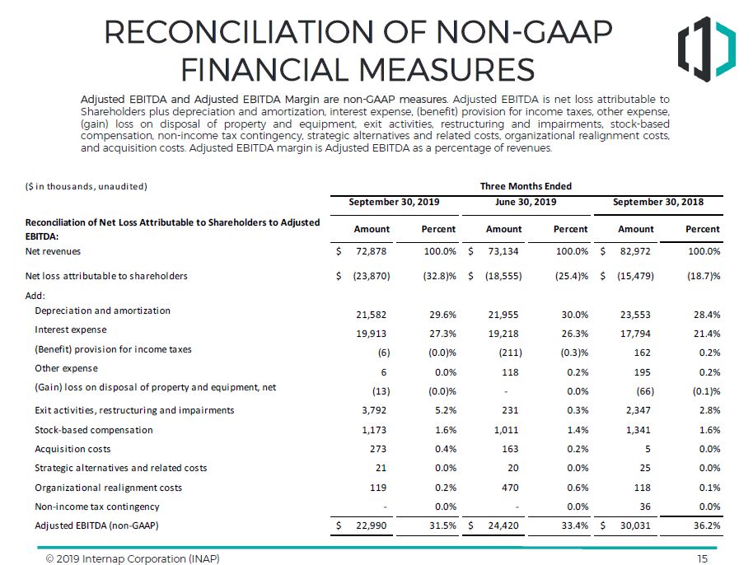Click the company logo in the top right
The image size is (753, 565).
pyautogui.click(x=706, y=49)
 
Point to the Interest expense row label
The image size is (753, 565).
pyautogui.click(x=72, y=330)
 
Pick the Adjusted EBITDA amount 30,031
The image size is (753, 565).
pyautogui.click(x=637, y=525)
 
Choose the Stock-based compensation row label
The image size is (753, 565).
pyautogui.click(x=94, y=430)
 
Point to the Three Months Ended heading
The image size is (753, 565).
pyautogui.click(x=526, y=186)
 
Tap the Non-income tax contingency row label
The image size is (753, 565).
pyautogui.click(x=97, y=507)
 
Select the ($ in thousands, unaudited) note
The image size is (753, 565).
pyautogui.click(x=87, y=186)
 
